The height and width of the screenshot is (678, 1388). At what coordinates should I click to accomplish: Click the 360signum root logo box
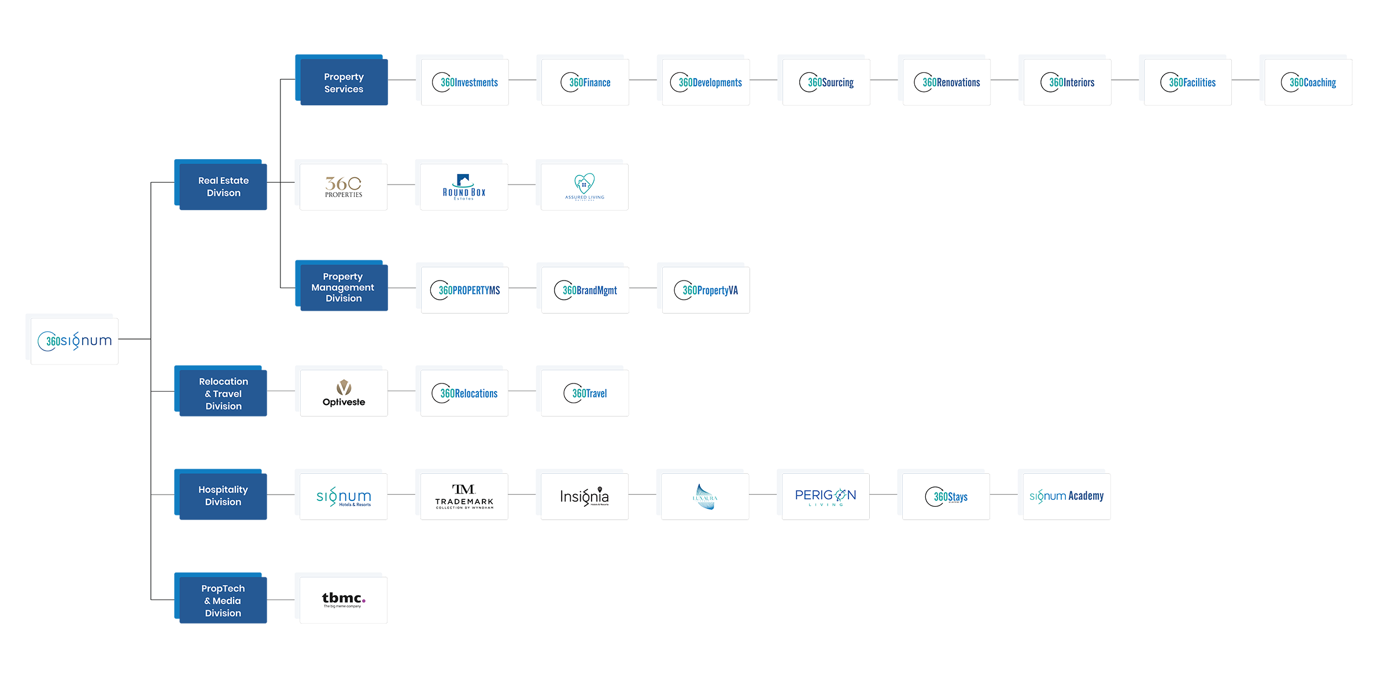pos(75,341)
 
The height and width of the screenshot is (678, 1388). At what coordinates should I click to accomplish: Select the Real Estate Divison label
pos(223,186)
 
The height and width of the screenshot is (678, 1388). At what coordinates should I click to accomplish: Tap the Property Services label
pos(344,83)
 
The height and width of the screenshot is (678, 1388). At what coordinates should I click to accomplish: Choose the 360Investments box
pos(465,82)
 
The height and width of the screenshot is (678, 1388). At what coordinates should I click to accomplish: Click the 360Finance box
pos(585,82)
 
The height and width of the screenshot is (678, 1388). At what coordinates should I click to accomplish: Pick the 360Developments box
pos(706,82)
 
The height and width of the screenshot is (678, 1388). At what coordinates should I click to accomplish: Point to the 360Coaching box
pos(1308,82)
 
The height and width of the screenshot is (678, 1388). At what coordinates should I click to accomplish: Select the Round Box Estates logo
pos(464,186)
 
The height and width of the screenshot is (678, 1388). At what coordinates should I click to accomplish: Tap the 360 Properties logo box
pos(344,186)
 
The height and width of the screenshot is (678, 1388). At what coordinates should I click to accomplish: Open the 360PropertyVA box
pos(706,290)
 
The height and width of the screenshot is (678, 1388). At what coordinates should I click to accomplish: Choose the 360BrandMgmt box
pos(585,290)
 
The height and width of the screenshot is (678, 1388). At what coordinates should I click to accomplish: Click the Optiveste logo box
pos(344,393)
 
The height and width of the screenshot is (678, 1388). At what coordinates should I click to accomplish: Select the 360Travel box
pos(585,393)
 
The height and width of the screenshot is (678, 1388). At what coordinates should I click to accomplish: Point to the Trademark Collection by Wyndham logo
pos(464,496)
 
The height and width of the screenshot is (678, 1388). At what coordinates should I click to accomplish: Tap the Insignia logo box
pos(584,496)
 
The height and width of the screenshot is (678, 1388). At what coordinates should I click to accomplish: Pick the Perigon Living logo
pos(825,496)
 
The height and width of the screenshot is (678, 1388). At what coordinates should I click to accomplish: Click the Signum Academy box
pos(1066,496)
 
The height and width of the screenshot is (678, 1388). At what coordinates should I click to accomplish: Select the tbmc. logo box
pos(344,599)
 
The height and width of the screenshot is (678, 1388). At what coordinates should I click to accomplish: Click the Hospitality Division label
pos(223,496)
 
